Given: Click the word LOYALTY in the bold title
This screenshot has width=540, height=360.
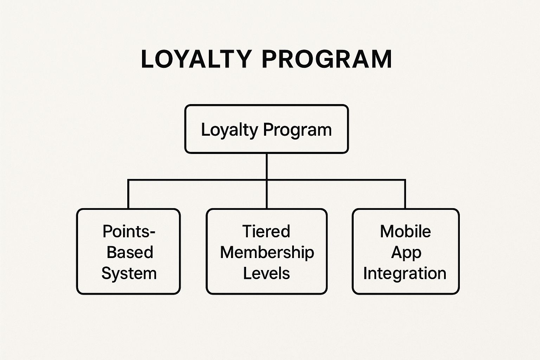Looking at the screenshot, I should (x=196, y=59).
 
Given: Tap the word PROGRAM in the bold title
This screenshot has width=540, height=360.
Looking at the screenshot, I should (x=327, y=59).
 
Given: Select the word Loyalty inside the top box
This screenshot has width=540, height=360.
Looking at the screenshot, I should (x=229, y=130).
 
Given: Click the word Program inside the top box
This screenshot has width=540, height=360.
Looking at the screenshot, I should (x=297, y=130).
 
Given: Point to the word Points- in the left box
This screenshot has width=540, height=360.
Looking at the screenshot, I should (x=129, y=231).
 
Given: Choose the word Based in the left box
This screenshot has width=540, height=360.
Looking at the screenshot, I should (x=130, y=252).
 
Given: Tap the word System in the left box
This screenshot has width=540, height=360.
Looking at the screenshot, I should (x=129, y=274).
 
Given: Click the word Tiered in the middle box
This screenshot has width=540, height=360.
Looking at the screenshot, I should (x=266, y=231).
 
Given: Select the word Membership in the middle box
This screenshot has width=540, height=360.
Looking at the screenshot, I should (x=267, y=252).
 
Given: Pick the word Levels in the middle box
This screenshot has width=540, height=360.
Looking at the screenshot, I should (x=266, y=274).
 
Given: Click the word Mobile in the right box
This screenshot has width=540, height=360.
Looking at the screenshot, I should (x=405, y=231).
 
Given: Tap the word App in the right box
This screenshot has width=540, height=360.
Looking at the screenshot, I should (x=406, y=252).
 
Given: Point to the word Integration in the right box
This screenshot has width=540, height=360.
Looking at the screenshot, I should (x=405, y=274).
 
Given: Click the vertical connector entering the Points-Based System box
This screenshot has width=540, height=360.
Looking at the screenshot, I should (x=128, y=195).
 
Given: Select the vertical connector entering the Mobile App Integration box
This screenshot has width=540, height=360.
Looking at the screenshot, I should (x=405, y=195).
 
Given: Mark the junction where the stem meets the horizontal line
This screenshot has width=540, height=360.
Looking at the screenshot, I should (x=267, y=180).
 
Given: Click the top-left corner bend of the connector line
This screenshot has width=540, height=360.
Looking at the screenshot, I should (x=129, y=181).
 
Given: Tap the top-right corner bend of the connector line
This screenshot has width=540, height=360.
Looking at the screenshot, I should (x=405, y=181).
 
